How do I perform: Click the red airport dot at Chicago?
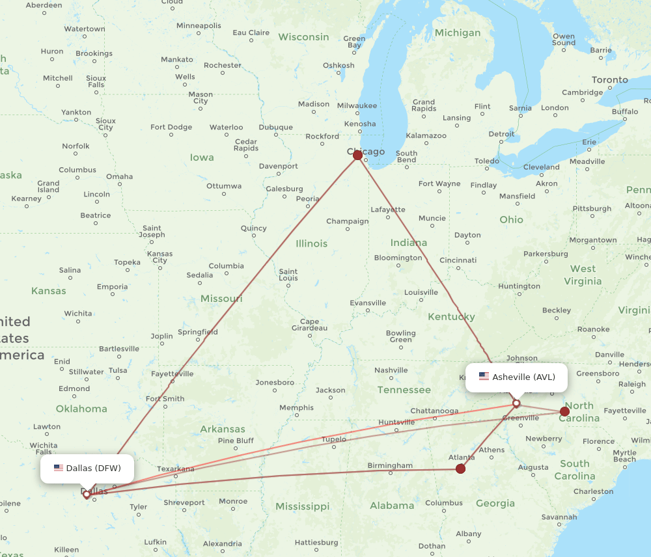point(357,155)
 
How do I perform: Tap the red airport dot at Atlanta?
point(461,469)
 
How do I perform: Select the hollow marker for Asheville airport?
point(516,403)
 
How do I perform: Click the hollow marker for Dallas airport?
point(87,495)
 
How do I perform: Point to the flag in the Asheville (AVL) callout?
point(484,376)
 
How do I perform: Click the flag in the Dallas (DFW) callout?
point(59,468)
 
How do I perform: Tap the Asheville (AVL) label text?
point(523,377)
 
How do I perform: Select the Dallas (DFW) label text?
point(93,468)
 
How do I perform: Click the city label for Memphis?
point(296,408)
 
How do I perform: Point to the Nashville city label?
point(391,370)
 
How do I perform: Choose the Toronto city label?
point(610,80)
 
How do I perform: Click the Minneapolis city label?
point(199,25)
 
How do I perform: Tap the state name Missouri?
point(221,298)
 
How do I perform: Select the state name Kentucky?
point(451,317)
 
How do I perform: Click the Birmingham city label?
point(390,465)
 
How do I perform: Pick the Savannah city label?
point(559,517)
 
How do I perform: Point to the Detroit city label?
point(501,134)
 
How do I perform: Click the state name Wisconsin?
point(303,37)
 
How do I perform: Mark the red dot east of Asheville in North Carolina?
point(564,411)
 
